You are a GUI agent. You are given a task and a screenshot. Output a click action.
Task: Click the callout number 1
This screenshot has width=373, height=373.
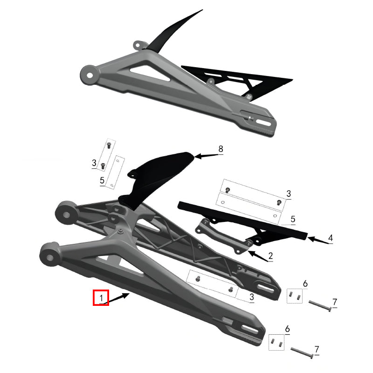click(x=101, y=297)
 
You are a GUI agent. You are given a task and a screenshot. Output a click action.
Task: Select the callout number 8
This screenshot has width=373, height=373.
click(x=221, y=149)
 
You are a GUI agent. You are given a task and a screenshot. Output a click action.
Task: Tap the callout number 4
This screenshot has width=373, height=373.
click(x=331, y=238)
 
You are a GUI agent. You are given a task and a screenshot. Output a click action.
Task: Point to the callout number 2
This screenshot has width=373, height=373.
click(x=270, y=256)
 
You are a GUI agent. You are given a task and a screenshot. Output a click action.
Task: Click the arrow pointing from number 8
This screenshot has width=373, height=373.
click(x=205, y=156)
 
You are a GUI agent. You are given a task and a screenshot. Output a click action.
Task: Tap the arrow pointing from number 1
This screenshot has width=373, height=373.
click(x=119, y=297)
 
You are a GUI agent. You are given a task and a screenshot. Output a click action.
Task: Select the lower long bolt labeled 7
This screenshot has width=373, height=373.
click(x=303, y=352)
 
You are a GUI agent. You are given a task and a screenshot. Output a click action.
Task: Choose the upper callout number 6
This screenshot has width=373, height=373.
click(x=305, y=283)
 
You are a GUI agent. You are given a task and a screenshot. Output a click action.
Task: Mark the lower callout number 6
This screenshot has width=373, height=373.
click(x=287, y=329)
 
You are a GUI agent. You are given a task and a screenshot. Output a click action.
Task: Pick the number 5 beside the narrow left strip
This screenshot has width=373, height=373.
click(x=102, y=180)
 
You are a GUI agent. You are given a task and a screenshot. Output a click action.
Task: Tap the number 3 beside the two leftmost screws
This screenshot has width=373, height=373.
click(x=94, y=163)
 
